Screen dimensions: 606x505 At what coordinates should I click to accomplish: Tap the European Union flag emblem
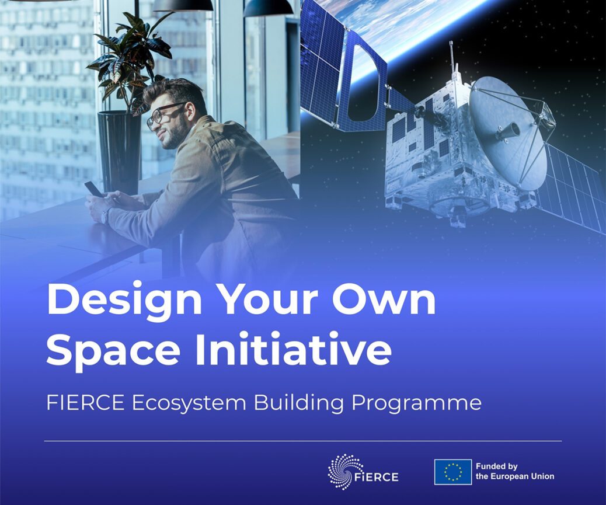point(452,472)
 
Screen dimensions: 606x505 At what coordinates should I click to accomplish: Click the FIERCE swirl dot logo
point(342,471)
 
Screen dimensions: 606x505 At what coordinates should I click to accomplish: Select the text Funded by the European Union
point(515,471)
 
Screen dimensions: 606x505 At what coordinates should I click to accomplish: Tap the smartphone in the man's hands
point(93,189)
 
